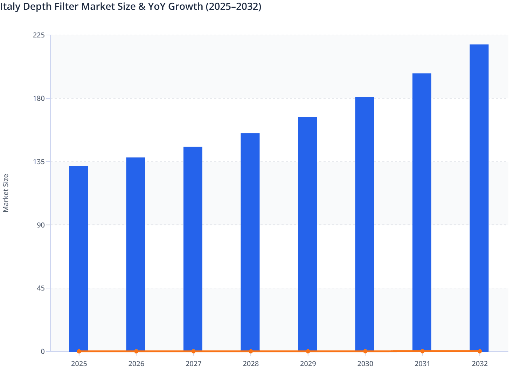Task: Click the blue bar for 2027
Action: click(193, 248)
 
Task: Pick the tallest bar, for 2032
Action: click(479, 198)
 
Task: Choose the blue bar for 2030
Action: click(364, 224)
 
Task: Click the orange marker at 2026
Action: click(136, 351)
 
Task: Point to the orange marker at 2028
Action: click(251, 351)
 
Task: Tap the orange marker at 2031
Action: click(422, 351)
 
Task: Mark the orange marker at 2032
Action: click(480, 351)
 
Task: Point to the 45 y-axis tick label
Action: click(41, 288)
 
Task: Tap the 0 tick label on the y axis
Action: click(43, 351)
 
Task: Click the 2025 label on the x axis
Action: click(79, 364)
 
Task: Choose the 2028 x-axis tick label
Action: click(251, 364)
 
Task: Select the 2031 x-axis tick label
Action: click(422, 364)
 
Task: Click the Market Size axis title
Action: click(6, 193)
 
